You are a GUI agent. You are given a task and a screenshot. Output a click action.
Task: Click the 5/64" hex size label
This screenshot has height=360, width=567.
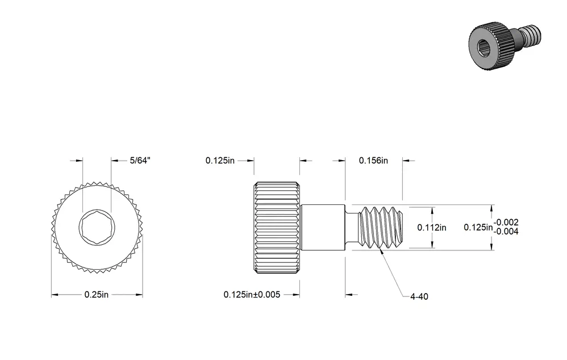click(x=140, y=161)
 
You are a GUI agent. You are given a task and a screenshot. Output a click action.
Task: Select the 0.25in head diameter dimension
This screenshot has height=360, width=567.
click(x=97, y=295)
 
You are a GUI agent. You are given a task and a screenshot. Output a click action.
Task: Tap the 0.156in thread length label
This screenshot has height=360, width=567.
click(x=373, y=161)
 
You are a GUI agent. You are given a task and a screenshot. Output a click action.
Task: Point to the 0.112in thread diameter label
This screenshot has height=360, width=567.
click(x=432, y=228)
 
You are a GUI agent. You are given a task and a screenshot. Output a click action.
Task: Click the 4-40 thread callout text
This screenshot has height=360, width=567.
click(x=419, y=297)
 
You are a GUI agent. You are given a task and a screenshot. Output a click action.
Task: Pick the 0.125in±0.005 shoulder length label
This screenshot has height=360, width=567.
click(x=252, y=295)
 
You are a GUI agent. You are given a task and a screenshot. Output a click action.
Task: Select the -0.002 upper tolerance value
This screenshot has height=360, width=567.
click(x=506, y=222)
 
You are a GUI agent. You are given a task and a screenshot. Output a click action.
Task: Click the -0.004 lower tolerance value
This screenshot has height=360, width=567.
click(x=506, y=231)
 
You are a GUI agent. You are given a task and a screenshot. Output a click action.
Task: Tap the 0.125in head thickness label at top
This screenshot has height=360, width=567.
click(x=220, y=161)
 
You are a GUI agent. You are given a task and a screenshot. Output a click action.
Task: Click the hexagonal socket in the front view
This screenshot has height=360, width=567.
click(x=97, y=228)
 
